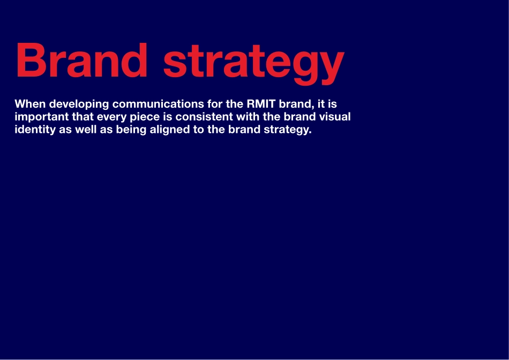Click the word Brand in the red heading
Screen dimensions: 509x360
click(81, 60)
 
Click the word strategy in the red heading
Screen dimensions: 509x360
click(254, 64)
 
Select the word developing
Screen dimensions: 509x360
click(79, 104)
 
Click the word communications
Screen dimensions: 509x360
click(158, 104)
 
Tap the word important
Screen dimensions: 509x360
click(42, 117)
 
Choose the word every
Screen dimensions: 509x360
click(111, 117)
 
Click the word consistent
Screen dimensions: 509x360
click(204, 117)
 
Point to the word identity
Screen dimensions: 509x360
click(35, 130)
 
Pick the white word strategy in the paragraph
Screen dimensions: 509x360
click(288, 130)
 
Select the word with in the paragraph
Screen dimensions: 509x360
click(248, 117)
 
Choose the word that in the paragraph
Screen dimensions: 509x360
click(83, 117)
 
